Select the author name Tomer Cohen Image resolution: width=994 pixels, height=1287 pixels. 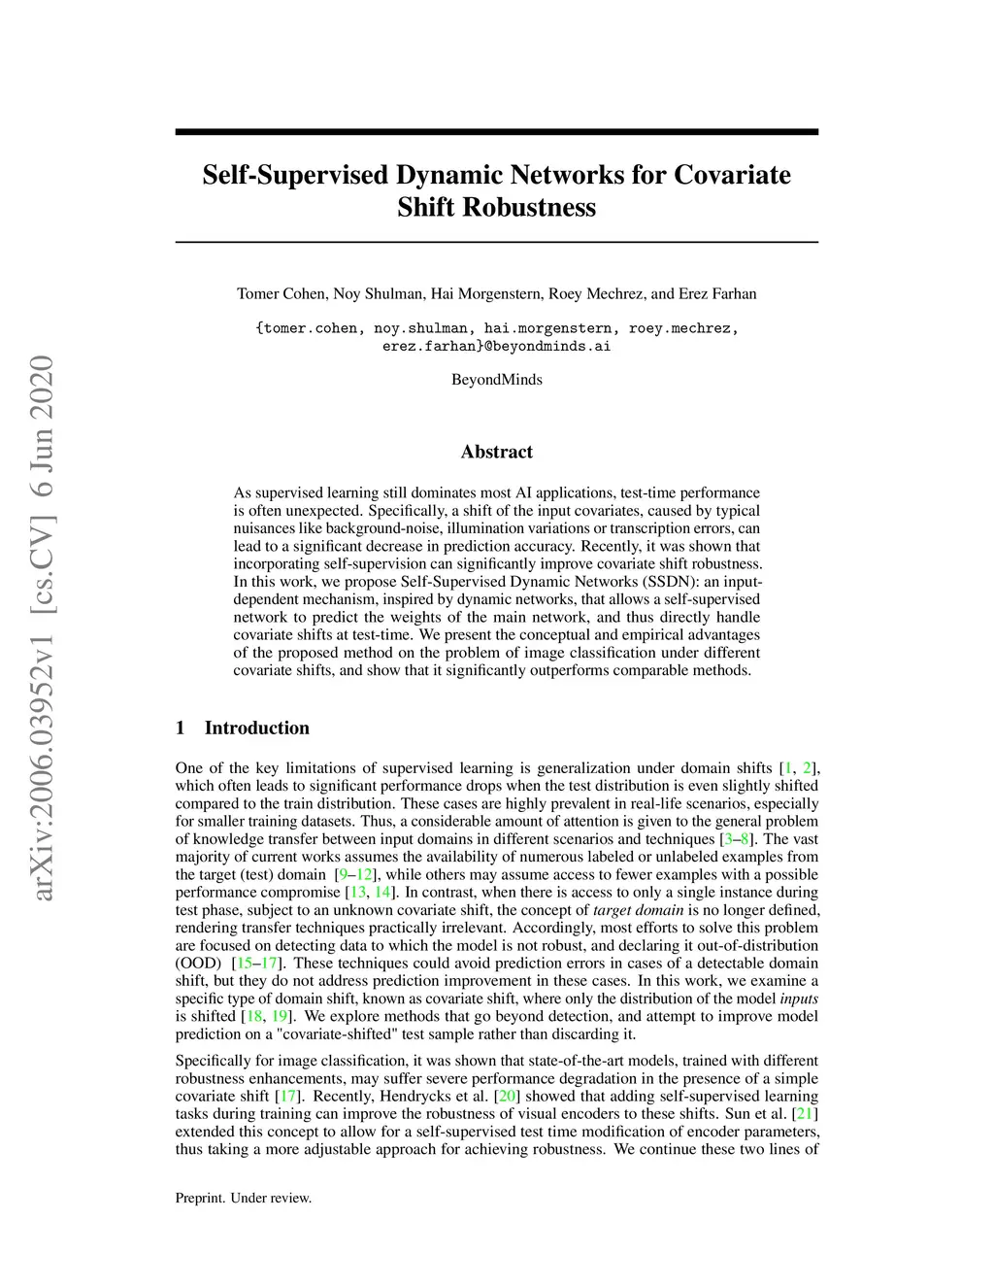click(x=282, y=294)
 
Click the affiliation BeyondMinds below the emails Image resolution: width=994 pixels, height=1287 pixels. click(x=496, y=380)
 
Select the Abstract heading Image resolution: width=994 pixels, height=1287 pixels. click(x=496, y=452)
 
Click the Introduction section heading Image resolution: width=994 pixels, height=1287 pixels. click(x=256, y=728)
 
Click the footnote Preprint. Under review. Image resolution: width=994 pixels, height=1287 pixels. click(x=244, y=1199)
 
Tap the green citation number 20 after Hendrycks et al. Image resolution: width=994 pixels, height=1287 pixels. click(x=507, y=1097)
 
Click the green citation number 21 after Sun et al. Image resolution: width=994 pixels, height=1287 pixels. click(x=805, y=1114)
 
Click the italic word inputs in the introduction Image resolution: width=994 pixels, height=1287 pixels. click(x=799, y=999)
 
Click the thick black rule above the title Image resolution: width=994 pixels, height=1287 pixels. click(x=496, y=132)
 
